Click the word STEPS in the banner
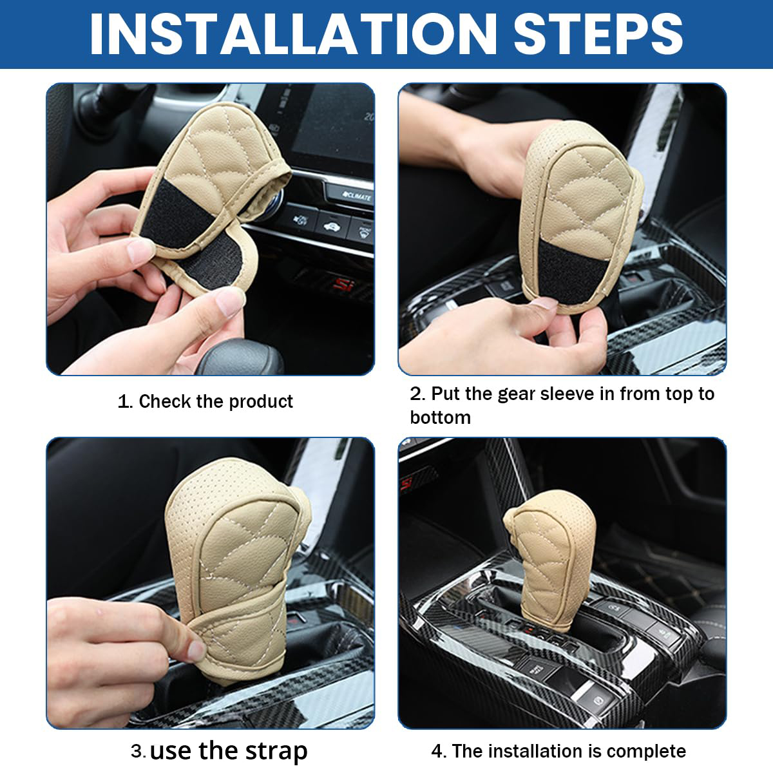coord(598,33)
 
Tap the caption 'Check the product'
coord(216,401)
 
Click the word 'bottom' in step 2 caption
coord(440,417)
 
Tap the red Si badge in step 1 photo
coord(342,285)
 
